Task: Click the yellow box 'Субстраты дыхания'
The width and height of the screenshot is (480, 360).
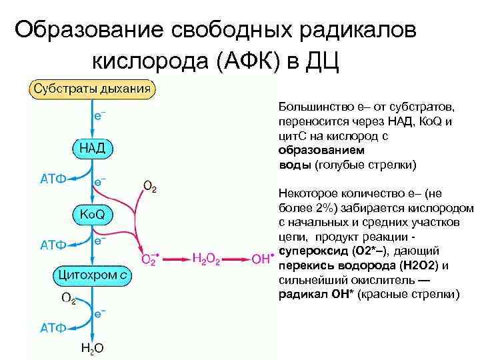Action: pos(92,89)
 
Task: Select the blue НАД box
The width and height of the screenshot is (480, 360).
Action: pos(92,147)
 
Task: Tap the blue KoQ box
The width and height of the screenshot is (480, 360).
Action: pos(92,213)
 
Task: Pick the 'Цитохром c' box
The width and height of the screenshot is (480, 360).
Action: pos(93,274)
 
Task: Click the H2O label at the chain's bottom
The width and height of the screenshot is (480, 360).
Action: pos(91,348)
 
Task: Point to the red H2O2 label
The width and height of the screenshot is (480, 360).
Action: pos(207,258)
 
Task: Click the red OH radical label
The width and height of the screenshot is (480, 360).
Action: pos(263,258)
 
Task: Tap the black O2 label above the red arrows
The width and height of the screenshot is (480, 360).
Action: pos(150,186)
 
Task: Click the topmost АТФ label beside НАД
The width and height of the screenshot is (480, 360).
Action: pos(53,178)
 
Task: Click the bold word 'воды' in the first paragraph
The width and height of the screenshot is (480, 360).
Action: pos(290,164)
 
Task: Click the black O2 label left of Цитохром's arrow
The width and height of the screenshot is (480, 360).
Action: pos(69,297)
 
